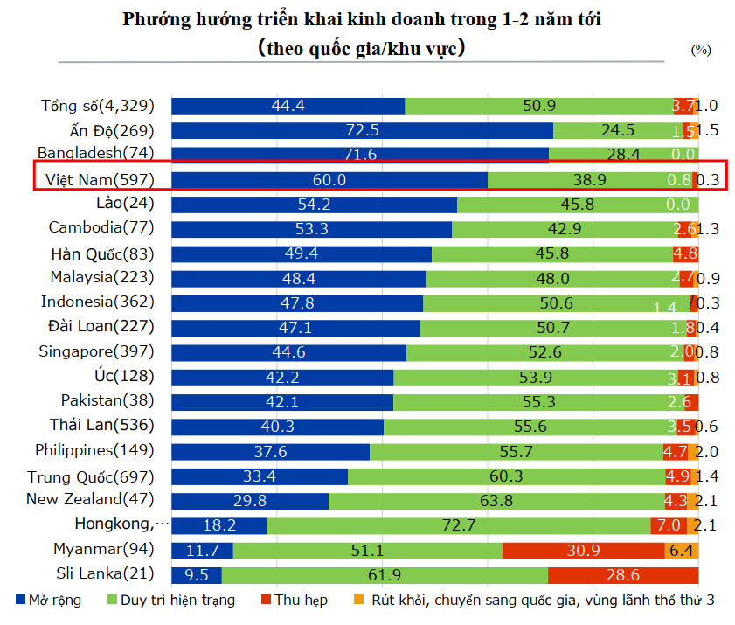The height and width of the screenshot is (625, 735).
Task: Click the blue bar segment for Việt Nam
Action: point(329,180)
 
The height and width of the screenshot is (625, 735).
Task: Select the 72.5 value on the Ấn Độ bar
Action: point(362,131)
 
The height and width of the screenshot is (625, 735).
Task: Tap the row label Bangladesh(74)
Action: point(96,155)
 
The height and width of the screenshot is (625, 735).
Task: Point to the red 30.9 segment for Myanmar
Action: point(583,551)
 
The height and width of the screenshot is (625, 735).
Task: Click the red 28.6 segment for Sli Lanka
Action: point(622,575)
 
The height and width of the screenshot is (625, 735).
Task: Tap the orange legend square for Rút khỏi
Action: point(358,601)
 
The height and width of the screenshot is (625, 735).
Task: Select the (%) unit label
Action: point(701,50)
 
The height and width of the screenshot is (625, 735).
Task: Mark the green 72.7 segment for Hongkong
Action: point(458,525)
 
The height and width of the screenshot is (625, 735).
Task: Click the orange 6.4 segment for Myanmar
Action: point(682,551)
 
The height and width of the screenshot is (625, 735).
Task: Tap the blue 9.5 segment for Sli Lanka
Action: point(196,575)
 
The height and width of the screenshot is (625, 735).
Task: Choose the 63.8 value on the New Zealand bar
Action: point(496,501)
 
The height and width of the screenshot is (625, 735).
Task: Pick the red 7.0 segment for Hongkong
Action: point(669,525)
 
